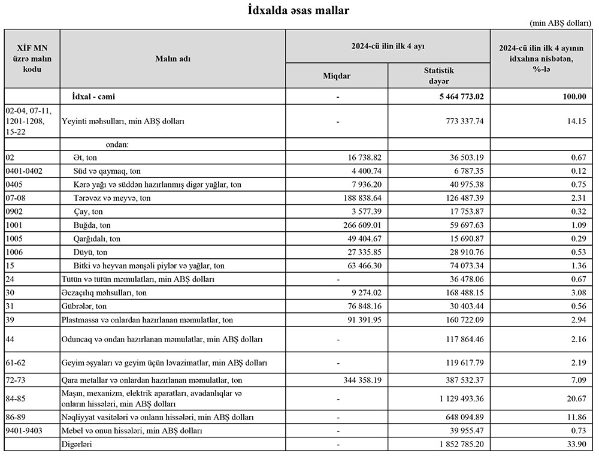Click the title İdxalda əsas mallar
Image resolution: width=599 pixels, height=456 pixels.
pyautogui.click(x=299, y=10)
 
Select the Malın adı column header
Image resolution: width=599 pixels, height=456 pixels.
pyautogui.click(x=173, y=58)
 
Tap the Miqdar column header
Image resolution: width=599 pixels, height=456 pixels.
pyautogui.click(x=337, y=76)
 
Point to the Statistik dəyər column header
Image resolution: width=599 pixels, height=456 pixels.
pyautogui.click(x=438, y=76)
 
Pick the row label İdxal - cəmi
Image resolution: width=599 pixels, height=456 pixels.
pyautogui.click(x=97, y=96)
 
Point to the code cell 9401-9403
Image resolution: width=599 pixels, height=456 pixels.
pyautogui.click(x=24, y=431)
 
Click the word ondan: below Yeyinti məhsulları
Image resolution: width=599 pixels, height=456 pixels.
pyautogui.click(x=117, y=144)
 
